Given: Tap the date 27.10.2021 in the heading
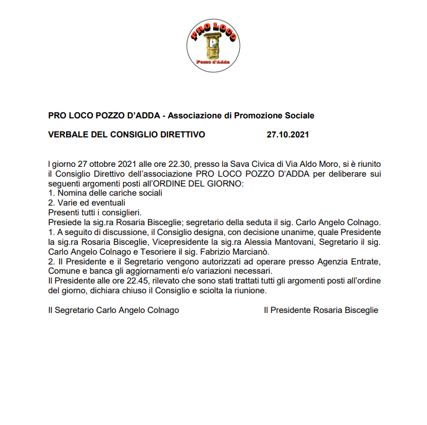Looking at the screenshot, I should click(288, 135).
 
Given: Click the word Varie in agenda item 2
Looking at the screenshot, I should click(68, 203).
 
